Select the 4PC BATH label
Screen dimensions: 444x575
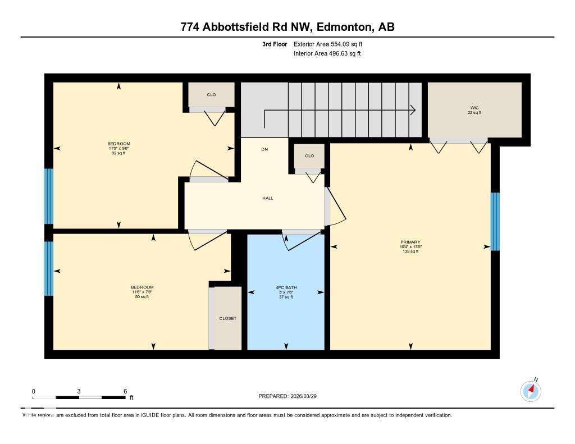(286, 287)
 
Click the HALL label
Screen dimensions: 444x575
(268, 198)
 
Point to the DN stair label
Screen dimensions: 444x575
(264, 149)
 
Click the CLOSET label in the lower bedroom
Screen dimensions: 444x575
(227, 318)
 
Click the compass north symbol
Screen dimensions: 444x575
(531, 391)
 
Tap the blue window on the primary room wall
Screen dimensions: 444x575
(495, 221)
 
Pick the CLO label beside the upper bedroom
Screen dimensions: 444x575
(211, 94)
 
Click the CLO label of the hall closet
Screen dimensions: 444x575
(309, 155)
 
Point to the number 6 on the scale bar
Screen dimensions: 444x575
(125, 391)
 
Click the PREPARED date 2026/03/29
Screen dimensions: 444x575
(308, 396)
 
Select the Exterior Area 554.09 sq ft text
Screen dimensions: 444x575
(332, 44)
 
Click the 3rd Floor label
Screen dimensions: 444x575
(275, 44)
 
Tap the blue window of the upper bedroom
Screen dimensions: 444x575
(49, 196)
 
